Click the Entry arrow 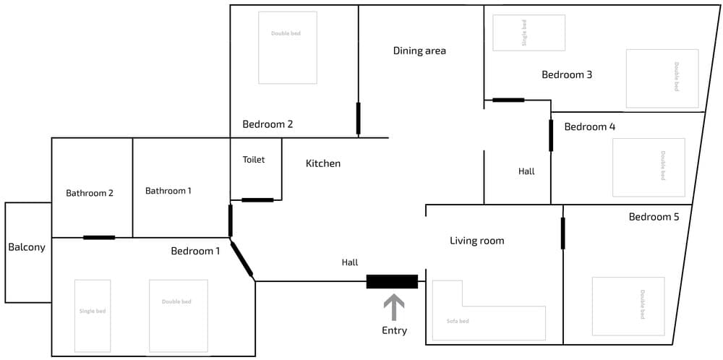click(394, 308)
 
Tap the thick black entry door click(392, 282)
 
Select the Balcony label click(27, 247)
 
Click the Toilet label click(254, 160)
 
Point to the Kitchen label click(323, 163)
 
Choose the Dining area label click(419, 51)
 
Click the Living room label click(476, 241)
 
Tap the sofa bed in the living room click(461, 322)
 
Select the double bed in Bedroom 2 click(288, 48)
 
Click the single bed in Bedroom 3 click(529, 33)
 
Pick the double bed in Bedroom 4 click(649, 167)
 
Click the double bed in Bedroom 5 click(628, 306)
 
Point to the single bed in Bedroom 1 click(93, 316)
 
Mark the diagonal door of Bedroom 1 click(241, 259)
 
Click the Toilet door click(258, 200)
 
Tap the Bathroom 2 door click(99, 238)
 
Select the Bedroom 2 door click(359, 119)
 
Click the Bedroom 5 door click(563, 233)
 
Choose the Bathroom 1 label click(168, 190)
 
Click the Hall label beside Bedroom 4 click(526, 171)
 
